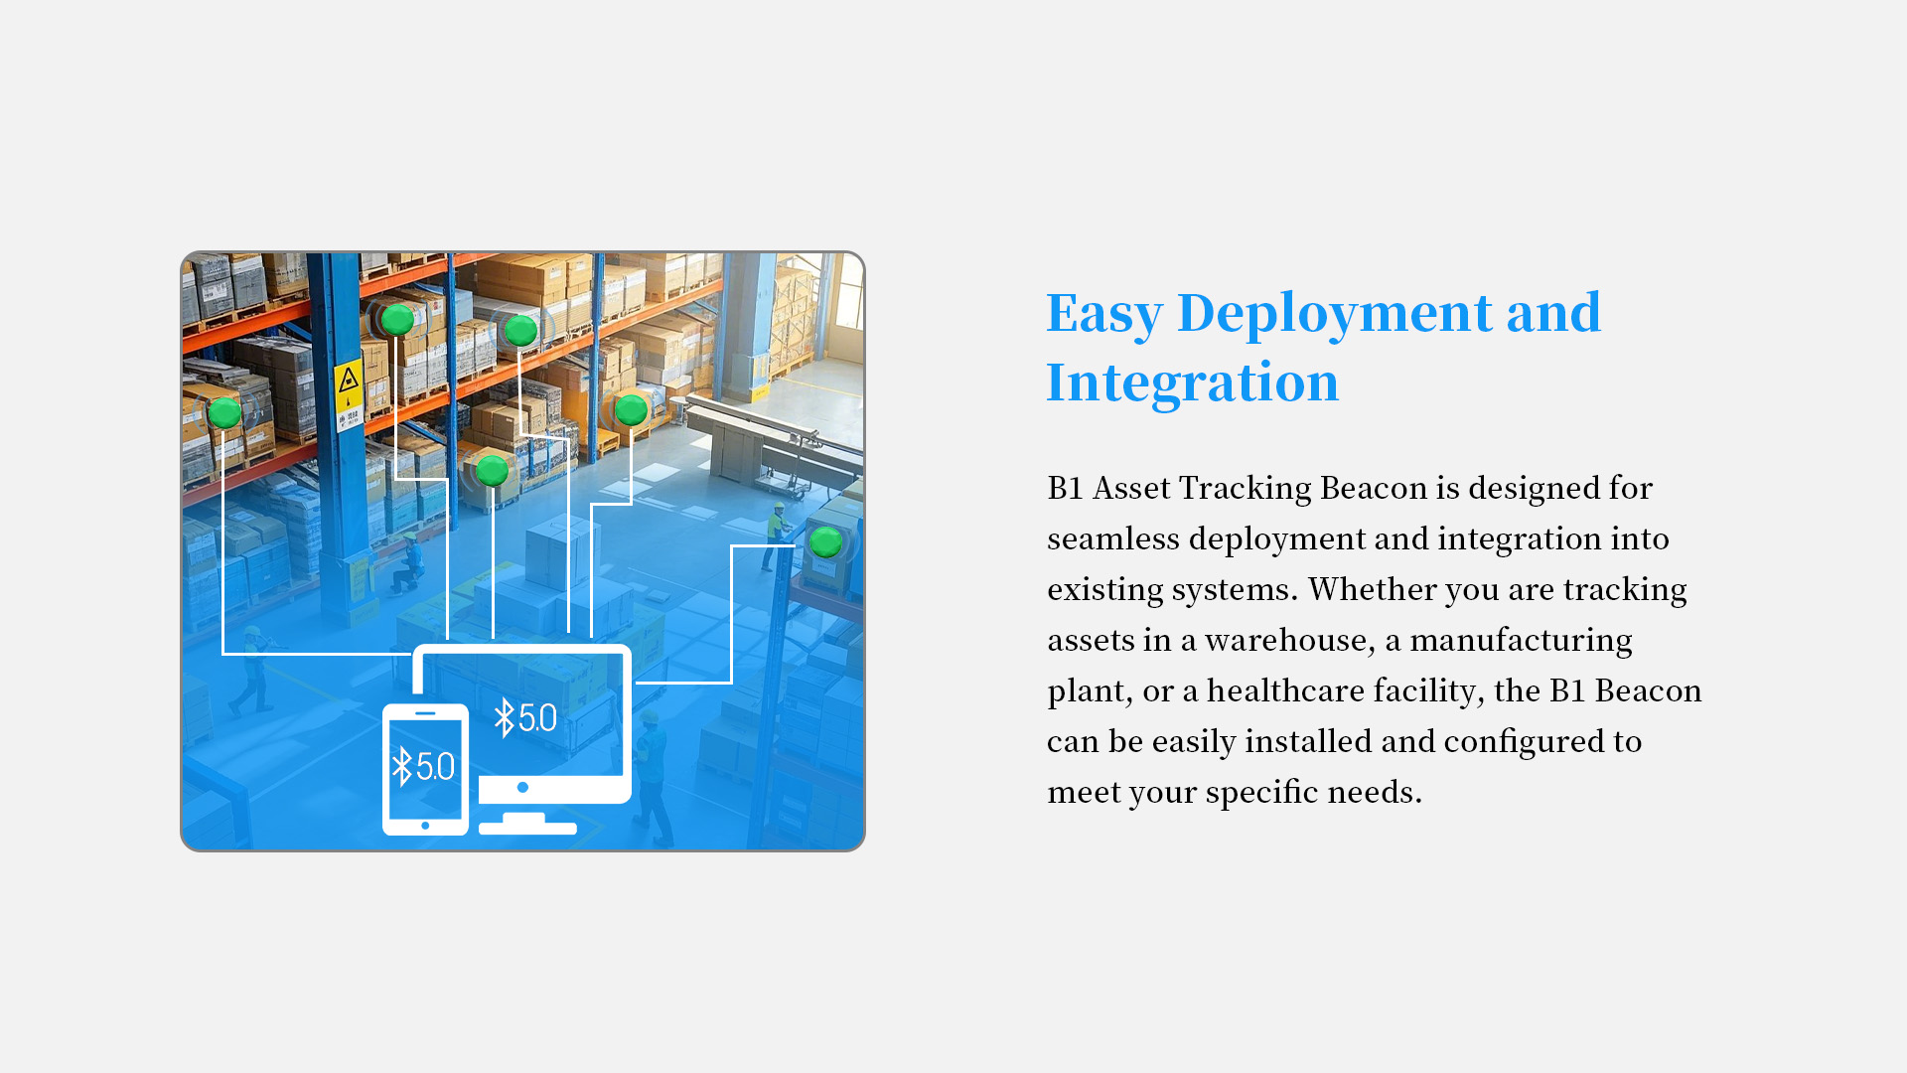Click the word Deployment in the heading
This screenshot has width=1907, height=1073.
coord(1334,315)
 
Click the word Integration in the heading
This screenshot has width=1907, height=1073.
coord(1192,383)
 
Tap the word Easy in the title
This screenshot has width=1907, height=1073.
coord(1103,315)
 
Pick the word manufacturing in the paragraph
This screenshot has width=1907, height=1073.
coord(1521,641)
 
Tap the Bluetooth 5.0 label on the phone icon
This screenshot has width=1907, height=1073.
coord(423,766)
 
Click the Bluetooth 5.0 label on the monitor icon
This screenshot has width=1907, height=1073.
coord(525,717)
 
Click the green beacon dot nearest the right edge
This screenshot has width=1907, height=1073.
coord(825,542)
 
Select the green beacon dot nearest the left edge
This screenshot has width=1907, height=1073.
coord(224,412)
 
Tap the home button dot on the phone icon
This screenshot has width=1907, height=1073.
coord(425,826)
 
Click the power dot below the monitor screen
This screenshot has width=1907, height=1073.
coord(522,787)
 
